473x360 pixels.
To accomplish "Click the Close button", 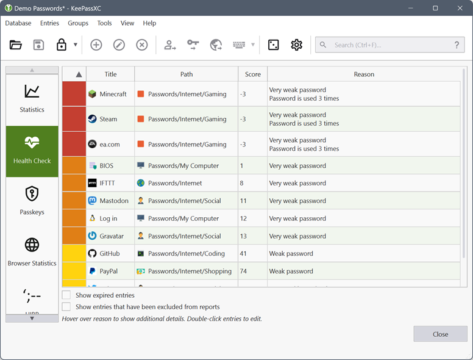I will (440, 334).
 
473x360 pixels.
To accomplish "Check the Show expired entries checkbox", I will (66, 295).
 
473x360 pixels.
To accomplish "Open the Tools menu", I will (104, 23).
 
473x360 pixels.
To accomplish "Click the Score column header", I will (252, 74).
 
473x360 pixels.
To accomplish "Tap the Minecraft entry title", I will (113, 94).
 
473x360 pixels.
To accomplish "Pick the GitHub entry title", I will (110, 254).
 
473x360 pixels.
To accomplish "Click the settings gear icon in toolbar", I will (296, 45).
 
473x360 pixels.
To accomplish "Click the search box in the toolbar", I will (390, 45).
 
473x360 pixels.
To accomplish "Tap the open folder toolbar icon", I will (16, 45).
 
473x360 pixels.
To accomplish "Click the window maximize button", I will (435, 8).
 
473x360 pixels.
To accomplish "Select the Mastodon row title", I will (114, 201).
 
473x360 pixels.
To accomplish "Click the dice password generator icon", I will (274, 45).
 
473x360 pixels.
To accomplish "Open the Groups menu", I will (78, 23).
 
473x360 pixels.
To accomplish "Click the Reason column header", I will (364, 74).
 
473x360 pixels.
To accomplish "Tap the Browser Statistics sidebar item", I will (32, 251).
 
